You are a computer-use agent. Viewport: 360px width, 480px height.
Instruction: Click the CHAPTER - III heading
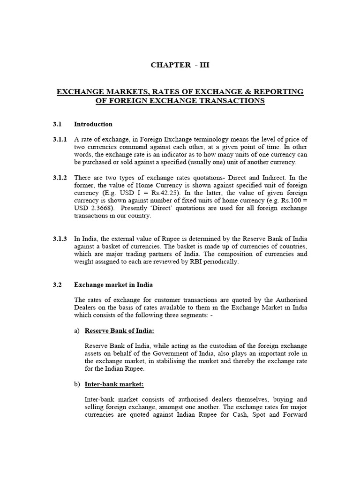tap(180, 65)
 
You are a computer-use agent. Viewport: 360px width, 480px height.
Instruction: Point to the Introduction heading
tap(93, 124)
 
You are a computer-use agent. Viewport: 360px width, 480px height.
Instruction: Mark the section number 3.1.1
tap(60, 140)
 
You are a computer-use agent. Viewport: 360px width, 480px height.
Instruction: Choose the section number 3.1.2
tap(60, 178)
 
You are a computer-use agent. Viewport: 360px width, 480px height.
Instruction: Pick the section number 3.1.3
tap(60, 239)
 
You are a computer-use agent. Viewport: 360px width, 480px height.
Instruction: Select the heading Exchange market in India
tap(113, 285)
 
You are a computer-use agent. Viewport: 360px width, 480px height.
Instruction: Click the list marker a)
tap(77, 330)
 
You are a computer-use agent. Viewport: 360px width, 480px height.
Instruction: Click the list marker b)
tap(77, 384)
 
